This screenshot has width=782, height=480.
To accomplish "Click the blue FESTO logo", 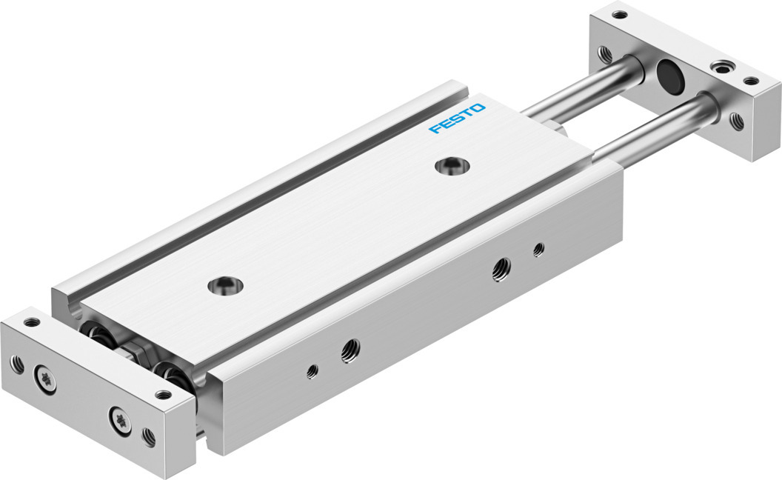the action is [x=457, y=119].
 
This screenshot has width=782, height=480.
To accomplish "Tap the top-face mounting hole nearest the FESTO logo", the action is [x=452, y=166].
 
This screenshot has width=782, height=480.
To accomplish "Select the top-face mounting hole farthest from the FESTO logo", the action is [x=225, y=286].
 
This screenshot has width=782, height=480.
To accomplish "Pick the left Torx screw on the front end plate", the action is [x=45, y=380].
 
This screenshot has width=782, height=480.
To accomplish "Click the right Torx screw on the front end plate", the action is [x=120, y=420].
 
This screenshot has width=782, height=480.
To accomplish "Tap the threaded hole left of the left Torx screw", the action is [x=17, y=364].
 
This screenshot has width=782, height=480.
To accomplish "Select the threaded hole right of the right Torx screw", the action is [x=149, y=437].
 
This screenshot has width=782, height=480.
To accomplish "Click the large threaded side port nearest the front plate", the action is [x=350, y=351].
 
